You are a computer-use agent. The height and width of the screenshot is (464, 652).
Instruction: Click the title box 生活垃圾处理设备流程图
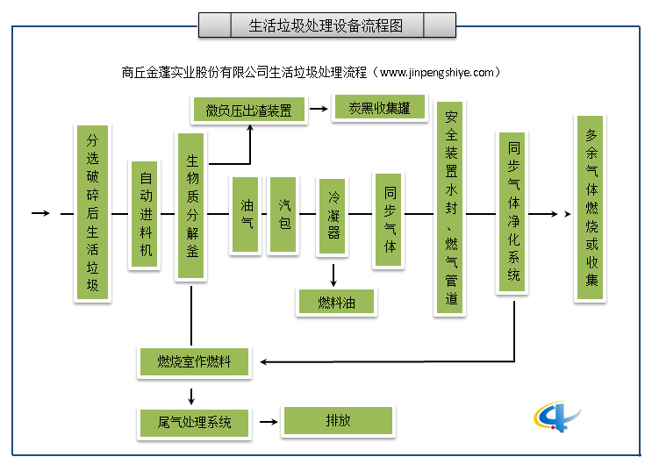coord(327,25)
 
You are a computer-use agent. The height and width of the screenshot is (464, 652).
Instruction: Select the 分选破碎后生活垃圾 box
coord(92,213)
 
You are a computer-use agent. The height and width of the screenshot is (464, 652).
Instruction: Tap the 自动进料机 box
coord(146,214)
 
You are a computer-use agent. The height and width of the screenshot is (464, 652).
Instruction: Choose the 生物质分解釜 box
coord(191,205)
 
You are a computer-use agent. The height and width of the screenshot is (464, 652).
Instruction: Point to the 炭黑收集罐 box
coord(379,108)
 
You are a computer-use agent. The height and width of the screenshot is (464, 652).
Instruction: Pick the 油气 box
coord(247,215)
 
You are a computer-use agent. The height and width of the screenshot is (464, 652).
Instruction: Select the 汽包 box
coord(283,215)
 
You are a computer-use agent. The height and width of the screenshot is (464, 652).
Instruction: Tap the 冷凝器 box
coord(333,215)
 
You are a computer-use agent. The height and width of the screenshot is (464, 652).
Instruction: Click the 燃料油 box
coord(336,302)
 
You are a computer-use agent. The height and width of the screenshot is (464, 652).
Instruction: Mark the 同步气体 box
coord(390,219)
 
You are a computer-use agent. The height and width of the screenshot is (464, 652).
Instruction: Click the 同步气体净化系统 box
coord(513,213)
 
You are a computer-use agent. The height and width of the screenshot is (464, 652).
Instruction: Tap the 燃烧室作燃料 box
coord(194,361)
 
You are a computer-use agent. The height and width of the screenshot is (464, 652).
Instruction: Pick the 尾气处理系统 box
coord(194,422)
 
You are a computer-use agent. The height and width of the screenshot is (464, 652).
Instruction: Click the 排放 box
coord(336,421)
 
